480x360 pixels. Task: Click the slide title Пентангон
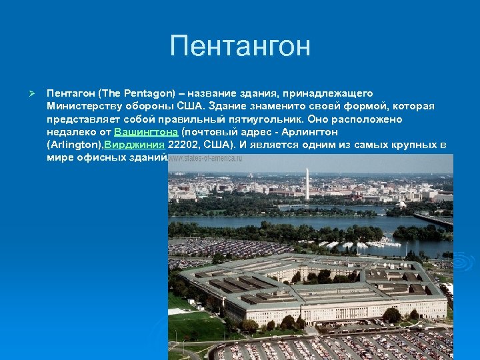(240, 47)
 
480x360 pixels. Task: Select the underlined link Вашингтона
(146, 132)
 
